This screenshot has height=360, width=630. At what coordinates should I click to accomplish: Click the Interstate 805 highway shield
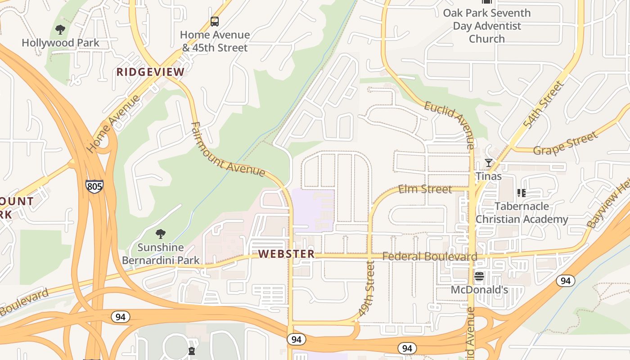pyautogui.click(x=94, y=186)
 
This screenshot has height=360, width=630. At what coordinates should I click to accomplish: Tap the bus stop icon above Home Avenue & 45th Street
pyautogui.click(x=215, y=21)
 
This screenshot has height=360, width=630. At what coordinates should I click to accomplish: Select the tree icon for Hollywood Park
pyautogui.click(x=60, y=30)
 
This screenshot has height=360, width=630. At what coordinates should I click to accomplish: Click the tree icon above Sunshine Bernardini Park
pyautogui.click(x=161, y=234)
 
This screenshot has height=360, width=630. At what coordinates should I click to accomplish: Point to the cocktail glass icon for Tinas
pyautogui.click(x=488, y=163)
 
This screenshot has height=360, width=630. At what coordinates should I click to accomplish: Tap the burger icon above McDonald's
pyautogui.click(x=479, y=276)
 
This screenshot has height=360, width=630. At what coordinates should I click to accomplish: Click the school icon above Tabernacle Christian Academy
pyautogui.click(x=522, y=193)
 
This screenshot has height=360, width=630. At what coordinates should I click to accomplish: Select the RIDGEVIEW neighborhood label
pyautogui.click(x=150, y=72)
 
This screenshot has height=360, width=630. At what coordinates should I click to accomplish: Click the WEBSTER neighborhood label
pyautogui.click(x=287, y=254)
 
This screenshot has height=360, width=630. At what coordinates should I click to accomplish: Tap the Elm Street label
pyautogui.click(x=425, y=189)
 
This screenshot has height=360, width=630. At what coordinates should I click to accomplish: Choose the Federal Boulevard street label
pyautogui.click(x=430, y=256)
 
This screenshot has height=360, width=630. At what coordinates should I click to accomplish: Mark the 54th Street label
pyautogui.click(x=543, y=104)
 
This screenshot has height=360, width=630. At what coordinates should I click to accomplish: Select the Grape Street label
pyautogui.click(x=566, y=143)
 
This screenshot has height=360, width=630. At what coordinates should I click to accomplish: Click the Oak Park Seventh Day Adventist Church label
pyautogui.click(x=487, y=26)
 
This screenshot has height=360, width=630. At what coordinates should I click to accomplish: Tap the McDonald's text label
pyautogui.click(x=479, y=290)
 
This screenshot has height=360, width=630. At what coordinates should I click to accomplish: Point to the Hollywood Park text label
pyautogui.click(x=60, y=43)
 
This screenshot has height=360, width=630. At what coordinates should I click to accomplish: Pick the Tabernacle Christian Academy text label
pyautogui.click(x=522, y=213)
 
